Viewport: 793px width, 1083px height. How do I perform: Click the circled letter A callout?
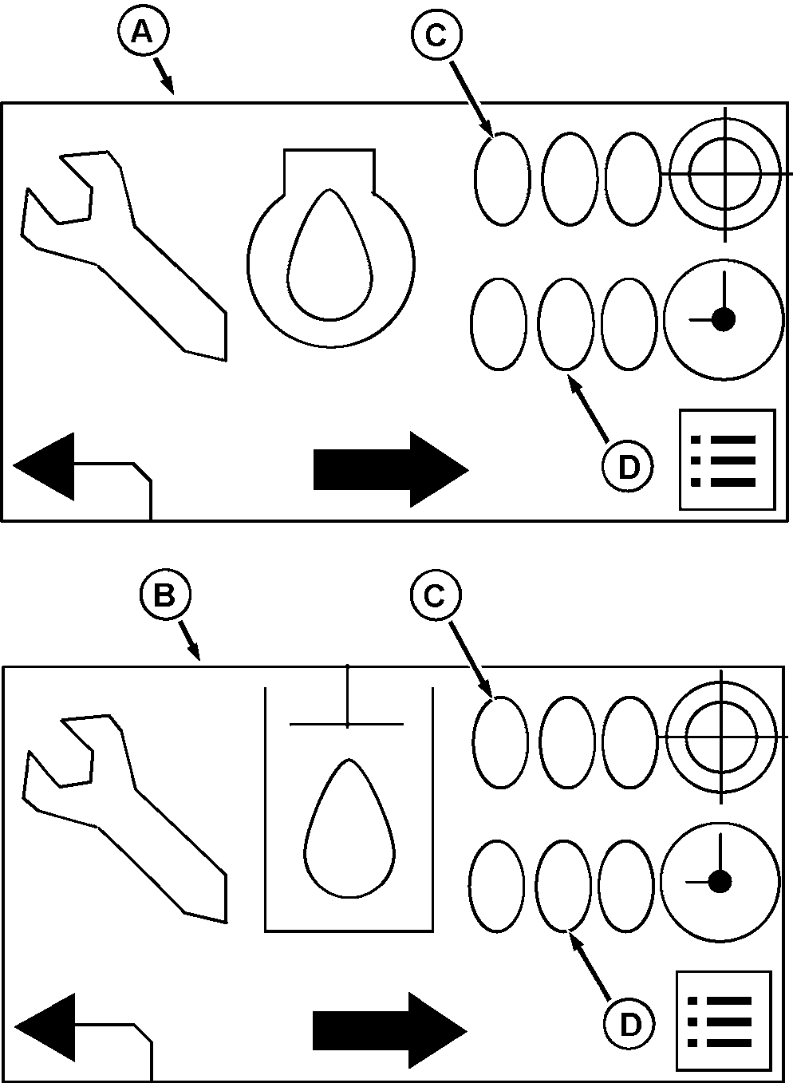[143, 32]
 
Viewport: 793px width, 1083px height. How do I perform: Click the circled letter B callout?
[165, 595]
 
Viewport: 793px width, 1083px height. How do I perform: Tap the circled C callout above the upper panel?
[436, 35]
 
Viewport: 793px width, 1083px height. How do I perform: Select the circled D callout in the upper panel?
[627, 467]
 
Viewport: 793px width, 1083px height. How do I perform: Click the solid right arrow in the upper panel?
[391, 469]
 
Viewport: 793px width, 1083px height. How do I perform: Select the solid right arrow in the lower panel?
[390, 1030]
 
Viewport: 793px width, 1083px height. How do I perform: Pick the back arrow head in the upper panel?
[45, 466]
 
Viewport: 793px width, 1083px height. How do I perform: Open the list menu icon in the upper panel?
[727, 460]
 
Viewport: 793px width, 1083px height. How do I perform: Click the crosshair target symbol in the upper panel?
[725, 174]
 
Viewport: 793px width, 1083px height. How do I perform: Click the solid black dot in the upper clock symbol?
[724, 319]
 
